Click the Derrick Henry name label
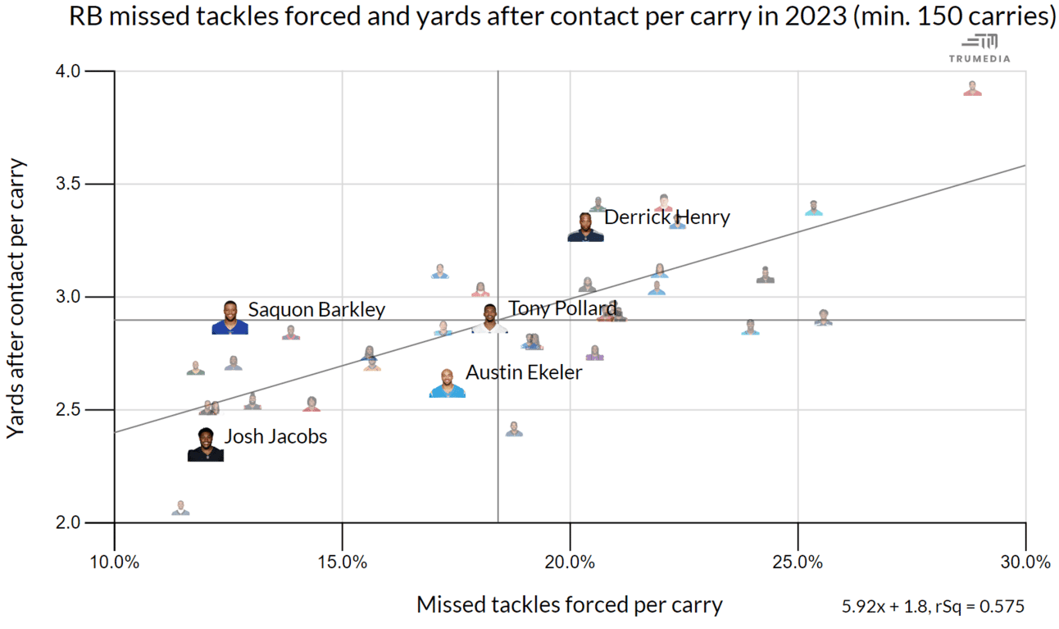click(666, 217)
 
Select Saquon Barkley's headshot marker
click(230, 318)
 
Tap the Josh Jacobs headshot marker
click(206, 445)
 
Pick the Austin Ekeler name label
click(524, 372)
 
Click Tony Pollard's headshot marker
click(489, 318)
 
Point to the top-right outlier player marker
click(972, 89)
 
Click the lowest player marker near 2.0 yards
click(181, 508)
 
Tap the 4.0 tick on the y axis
click(69, 71)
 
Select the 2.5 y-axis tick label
click(69, 409)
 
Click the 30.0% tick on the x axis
click(1025, 562)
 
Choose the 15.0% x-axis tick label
click(342, 562)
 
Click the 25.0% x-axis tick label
click(798, 562)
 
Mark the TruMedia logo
click(979, 48)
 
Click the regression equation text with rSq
click(933, 607)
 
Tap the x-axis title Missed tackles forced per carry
click(570, 605)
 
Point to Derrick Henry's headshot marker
click(585, 227)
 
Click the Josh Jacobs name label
click(275, 436)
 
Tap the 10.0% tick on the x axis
click(114, 562)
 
